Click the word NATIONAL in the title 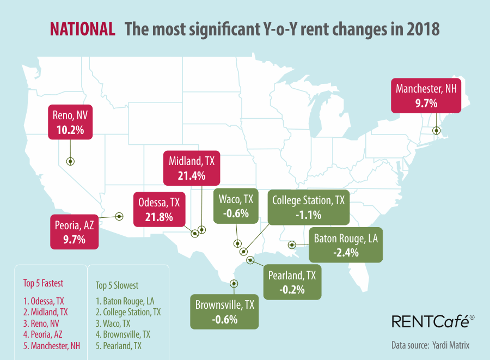pyautogui.click(x=82, y=29)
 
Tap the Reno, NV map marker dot pyautogui.click(x=70, y=161)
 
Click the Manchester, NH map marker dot pyautogui.click(x=436, y=130)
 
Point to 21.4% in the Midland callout pyautogui.click(x=191, y=175)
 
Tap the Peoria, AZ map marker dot pyautogui.click(x=118, y=216)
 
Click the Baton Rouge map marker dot pyautogui.click(x=292, y=245)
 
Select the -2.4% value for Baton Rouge pyautogui.click(x=346, y=253)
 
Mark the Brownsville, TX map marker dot pyautogui.click(x=234, y=283)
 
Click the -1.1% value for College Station pyautogui.click(x=308, y=215)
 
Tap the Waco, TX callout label pyautogui.click(x=235, y=199)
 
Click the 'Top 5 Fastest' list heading pyautogui.click(x=43, y=283)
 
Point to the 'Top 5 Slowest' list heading pyautogui.click(x=117, y=285)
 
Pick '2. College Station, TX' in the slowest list pyautogui.click(x=128, y=312)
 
